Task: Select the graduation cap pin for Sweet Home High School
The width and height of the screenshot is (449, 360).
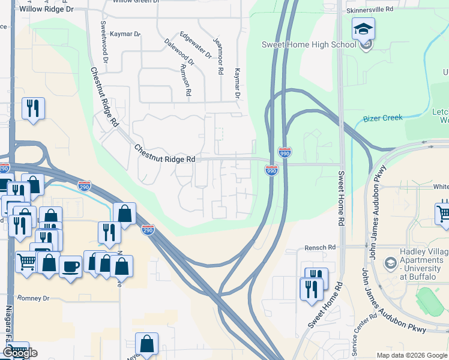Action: (x=363, y=29)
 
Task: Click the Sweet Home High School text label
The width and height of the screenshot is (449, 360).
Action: (x=301, y=44)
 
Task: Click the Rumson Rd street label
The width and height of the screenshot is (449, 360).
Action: (x=186, y=81)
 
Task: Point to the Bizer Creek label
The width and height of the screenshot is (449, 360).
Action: (x=383, y=118)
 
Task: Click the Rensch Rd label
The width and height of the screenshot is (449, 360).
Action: (x=319, y=247)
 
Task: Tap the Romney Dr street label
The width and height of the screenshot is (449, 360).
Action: (x=33, y=298)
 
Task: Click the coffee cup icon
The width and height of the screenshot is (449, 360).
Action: (x=70, y=266)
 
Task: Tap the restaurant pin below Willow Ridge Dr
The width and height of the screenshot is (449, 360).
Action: (x=32, y=109)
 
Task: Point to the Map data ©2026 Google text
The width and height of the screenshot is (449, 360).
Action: (x=411, y=355)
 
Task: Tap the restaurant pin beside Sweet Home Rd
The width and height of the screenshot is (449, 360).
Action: (x=311, y=289)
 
